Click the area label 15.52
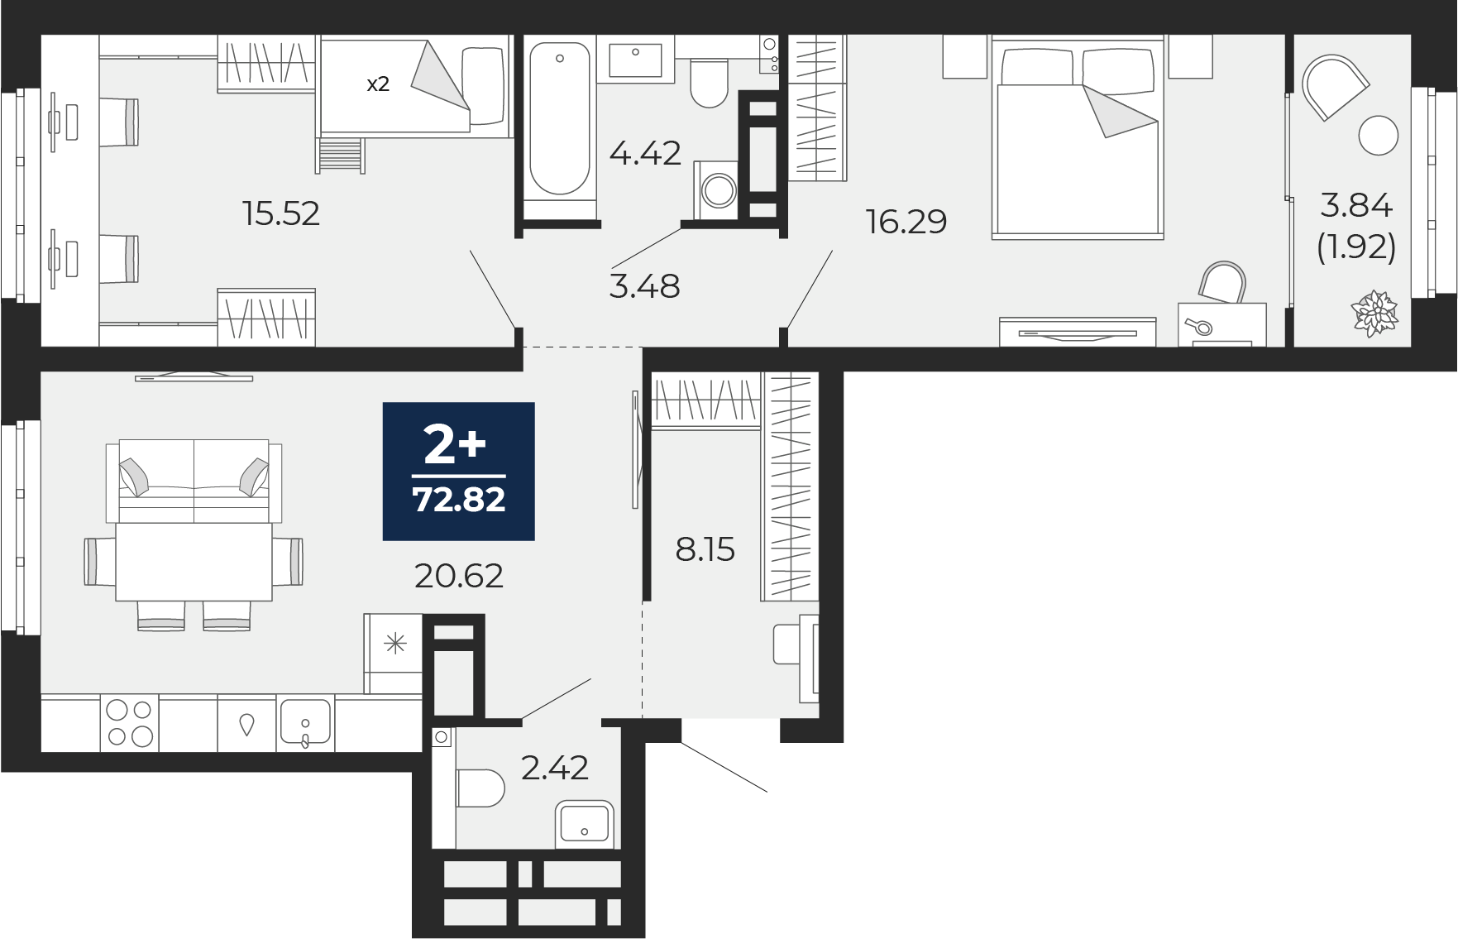(281, 214)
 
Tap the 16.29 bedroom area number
(906, 222)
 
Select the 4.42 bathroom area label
(645, 153)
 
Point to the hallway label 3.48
(643, 286)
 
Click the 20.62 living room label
(459, 576)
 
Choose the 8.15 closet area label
(705, 549)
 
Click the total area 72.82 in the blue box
(459, 500)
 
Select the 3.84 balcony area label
(1356, 204)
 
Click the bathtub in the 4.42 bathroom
(560, 120)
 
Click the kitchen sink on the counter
(305, 724)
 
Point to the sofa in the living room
(194, 480)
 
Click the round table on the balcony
(1378, 135)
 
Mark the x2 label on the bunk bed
(378, 84)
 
